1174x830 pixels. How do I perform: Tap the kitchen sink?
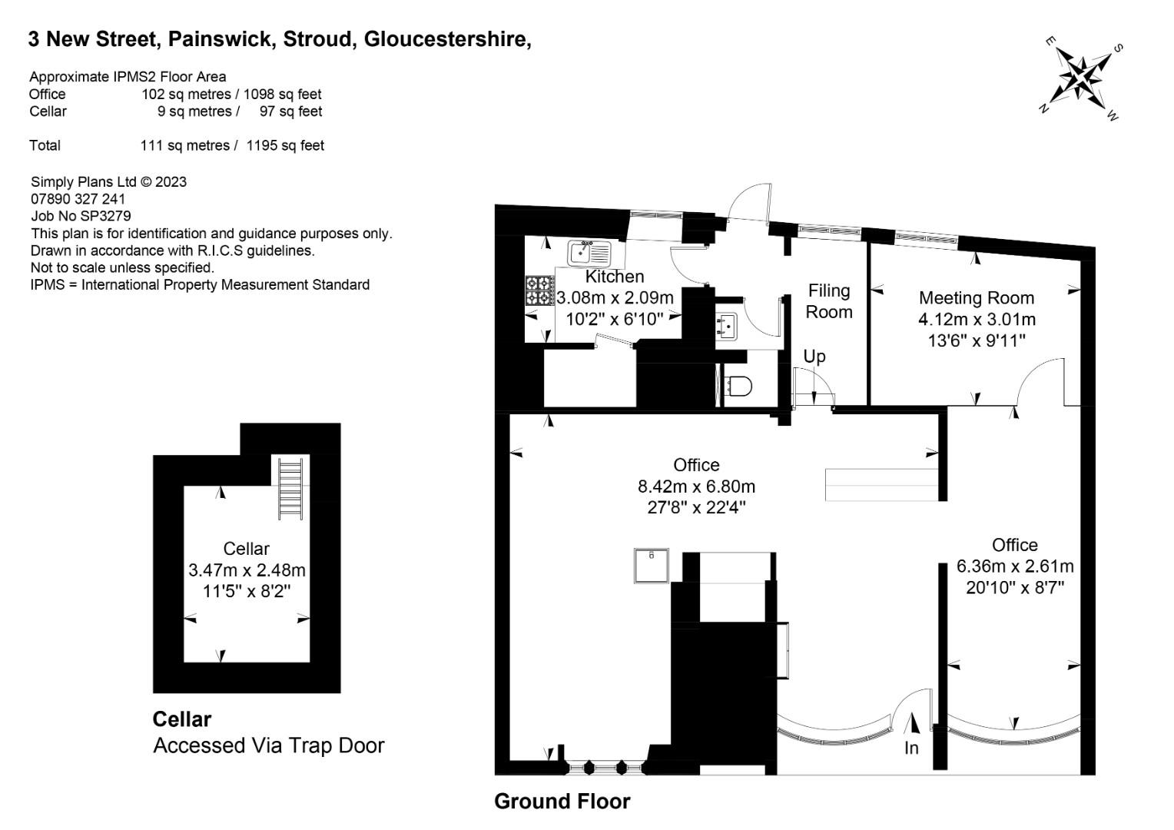coord(589,254)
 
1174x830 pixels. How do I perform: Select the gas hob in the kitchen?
coord(540,290)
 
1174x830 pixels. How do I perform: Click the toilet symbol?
coord(739,387)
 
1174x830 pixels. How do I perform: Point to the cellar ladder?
coord(290,489)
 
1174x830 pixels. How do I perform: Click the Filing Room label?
coord(828,301)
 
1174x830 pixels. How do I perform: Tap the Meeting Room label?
coord(977,298)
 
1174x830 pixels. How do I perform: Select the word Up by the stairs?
coord(814,357)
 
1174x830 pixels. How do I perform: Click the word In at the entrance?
coord(911,749)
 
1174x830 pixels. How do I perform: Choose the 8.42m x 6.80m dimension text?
coord(697,486)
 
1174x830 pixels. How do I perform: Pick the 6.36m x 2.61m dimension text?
coord(1015,566)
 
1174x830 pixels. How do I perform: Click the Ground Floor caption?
coord(562,801)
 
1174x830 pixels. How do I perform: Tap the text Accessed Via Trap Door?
coord(269,745)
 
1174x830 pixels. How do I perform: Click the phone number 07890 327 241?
coord(78,199)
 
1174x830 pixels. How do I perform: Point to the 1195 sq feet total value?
coord(285,145)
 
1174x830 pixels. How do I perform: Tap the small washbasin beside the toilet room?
coord(727,326)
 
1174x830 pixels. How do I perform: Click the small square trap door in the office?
coord(652,566)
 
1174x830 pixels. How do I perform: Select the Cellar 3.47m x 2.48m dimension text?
coord(247,570)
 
